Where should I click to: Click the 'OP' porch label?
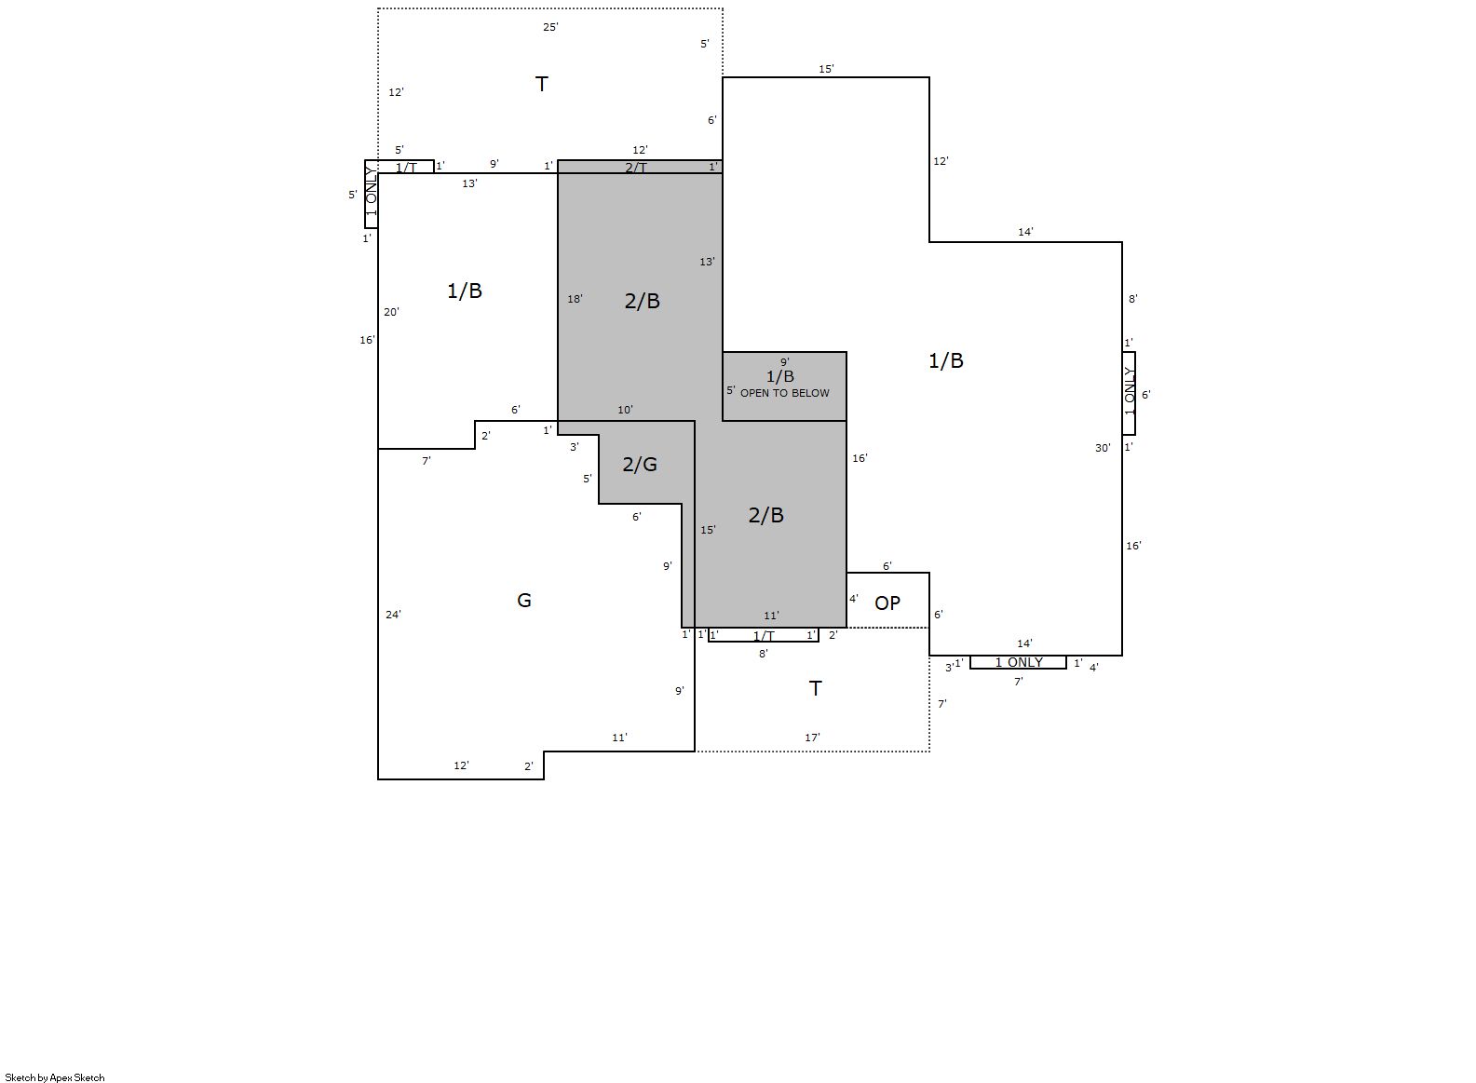click(x=887, y=602)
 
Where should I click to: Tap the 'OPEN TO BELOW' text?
click(x=785, y=393)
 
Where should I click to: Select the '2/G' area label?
click(x=640, y=465)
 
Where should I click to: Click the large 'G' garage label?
click(x=524, y=600)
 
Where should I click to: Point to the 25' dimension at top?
click(x=550, y=27)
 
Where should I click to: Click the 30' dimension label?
click(x=1103, y=448)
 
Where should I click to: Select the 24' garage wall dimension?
click(x=393, y=615)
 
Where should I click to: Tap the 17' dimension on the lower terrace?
click(x=812, y=738)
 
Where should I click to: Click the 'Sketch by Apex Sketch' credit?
click(x=55, y=1077)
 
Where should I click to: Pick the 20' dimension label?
click(x=391, y=312)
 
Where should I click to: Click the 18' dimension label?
click(x=575, y=299)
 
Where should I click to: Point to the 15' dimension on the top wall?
click(x=826, y=69)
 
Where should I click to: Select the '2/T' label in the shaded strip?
click(x=636, y=168)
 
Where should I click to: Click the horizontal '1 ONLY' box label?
click(x=1019, y=662)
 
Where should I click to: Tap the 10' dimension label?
click(x=626, y=410)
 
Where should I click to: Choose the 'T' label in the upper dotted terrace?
click(x=542, y=85)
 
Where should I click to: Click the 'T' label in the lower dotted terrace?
click(x=815, y=688)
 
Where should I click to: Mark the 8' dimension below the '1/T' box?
click(x=763, y=654)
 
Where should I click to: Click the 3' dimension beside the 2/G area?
click(x=574, y=447)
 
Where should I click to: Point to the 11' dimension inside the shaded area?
click(x=771, y=616)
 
